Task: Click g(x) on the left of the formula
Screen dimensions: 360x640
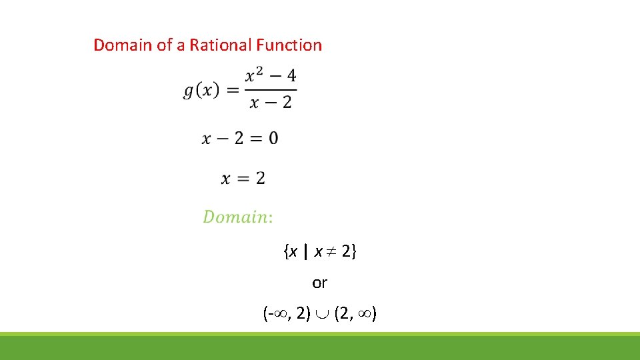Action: tap(201, 91)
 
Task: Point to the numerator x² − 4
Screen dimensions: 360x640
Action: tap(271, 77)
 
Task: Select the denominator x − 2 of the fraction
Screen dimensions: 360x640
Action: tap(271, 103)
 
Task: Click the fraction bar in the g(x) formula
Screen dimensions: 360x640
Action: tap(271, 89)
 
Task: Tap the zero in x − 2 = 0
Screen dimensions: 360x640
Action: tap(273, 138)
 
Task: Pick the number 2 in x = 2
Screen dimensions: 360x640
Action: tap(260, 178)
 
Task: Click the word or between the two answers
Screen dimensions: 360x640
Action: tap(320, 283)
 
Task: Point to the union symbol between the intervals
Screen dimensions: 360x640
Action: tap(323, 314)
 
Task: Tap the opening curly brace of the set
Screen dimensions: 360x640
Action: tap(285, 252)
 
